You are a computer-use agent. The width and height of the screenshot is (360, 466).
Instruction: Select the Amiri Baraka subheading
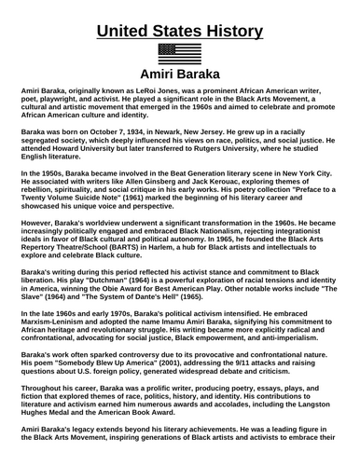click(179, 75)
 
